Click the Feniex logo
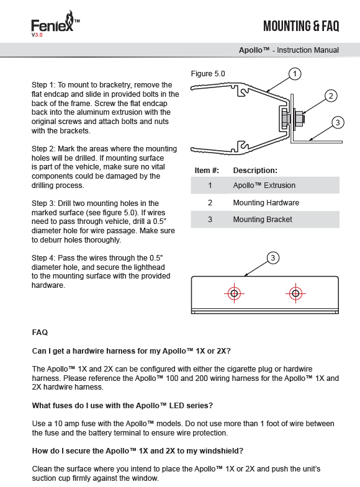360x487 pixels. tap(55, 22)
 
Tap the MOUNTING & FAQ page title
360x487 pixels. tap(301, 26)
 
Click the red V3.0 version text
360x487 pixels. tap(37, 35)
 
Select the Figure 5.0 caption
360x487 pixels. tap(208, 74)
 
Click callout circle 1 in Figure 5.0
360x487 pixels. tap(294, 74)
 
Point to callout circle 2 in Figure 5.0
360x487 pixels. tap(331, 96)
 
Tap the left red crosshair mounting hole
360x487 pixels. tap(234, 293)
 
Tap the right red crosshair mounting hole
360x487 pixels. tap(295, 293)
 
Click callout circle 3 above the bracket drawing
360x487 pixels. tap(272, 258)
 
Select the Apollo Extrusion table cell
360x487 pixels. tap(264, 185)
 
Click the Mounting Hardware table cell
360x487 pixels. tap(266, 203)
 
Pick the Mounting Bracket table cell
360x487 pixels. tap(263, 220)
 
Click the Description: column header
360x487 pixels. tap(255, 171)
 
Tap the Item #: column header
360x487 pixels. tap(207, 171)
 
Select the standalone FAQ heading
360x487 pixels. tap(40, 333)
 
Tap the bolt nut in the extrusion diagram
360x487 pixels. tap(299, 118)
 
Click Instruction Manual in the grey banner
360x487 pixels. tap(307, 50)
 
